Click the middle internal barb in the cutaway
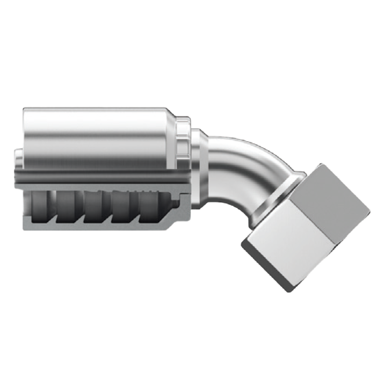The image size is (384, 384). tap(94, 208)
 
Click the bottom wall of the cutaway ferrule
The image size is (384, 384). tap(97, 227)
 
